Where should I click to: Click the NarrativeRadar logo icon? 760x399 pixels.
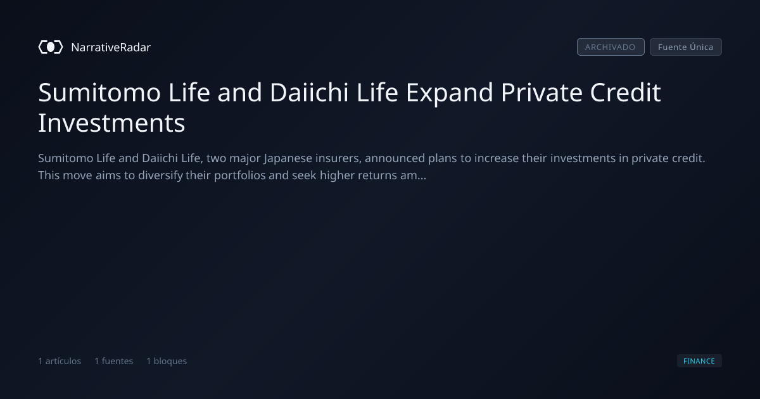point(51,47)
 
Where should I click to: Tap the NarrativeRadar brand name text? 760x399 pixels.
point(111,47)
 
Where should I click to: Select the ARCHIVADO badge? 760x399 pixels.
point(611,47)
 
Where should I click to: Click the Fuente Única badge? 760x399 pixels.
point(686,47)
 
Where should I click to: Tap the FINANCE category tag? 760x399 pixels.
point(699,361)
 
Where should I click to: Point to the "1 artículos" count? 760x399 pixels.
point(60,361)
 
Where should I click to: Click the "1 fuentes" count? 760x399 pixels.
point(113,361)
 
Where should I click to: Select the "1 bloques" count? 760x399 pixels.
point(167,361)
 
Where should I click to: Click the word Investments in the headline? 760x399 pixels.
point(111,123)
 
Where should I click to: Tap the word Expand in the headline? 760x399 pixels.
point(449,93)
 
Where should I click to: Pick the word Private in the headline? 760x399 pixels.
point(541,92)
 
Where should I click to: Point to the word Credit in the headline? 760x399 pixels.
point(625,92)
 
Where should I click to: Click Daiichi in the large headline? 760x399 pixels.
point(309,92)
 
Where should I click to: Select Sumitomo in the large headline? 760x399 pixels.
point(99,92)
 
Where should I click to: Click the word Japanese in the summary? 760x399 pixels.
point(288,158)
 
